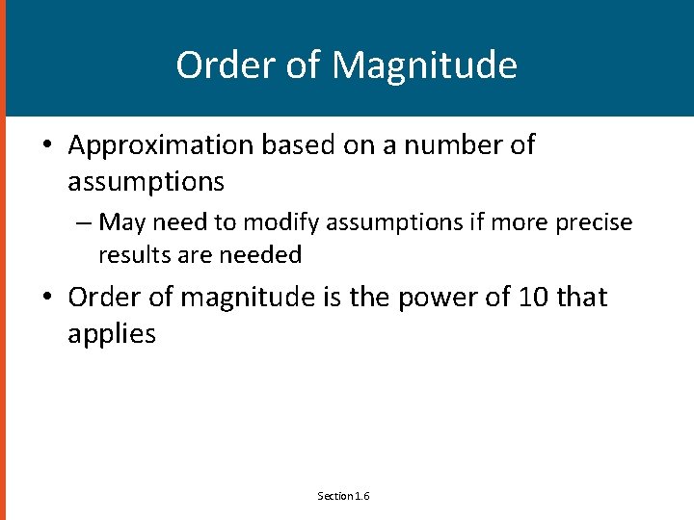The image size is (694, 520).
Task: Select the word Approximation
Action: tap(159, 145)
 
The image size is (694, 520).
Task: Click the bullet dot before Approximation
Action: tap(46, 146)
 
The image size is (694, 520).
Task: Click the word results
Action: tap(132, 255)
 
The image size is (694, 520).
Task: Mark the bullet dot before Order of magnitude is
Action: tap(46, 298)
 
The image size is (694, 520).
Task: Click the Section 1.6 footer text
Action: tap(344, 496)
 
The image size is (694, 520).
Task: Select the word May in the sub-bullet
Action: tap(120, 222)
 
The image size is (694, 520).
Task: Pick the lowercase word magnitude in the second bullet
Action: tap(247, 298)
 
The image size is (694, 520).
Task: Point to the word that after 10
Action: tap(582, 298)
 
